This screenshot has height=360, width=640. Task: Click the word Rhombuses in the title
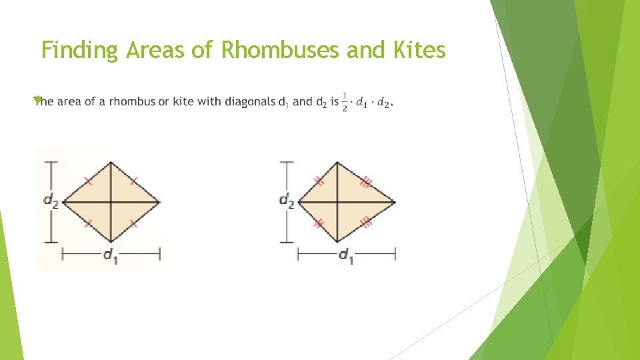280,50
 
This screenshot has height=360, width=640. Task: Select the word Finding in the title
79,51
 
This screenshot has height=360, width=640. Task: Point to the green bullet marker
38,99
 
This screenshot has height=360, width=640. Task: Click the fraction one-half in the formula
345,101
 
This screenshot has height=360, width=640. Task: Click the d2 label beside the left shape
51,201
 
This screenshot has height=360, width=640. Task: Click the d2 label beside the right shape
287,201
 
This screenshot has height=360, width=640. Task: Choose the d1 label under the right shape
346,256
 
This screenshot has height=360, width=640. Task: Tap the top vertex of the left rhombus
111,161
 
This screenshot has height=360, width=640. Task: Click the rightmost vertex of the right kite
395,201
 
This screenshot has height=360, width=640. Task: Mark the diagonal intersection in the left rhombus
111,201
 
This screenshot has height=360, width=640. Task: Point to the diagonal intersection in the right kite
337,201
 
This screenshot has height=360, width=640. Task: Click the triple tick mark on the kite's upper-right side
365,181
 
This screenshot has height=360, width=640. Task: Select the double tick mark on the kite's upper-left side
319,181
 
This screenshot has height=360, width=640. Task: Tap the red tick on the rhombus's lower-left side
88,223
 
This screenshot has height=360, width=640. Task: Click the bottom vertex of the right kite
337,242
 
